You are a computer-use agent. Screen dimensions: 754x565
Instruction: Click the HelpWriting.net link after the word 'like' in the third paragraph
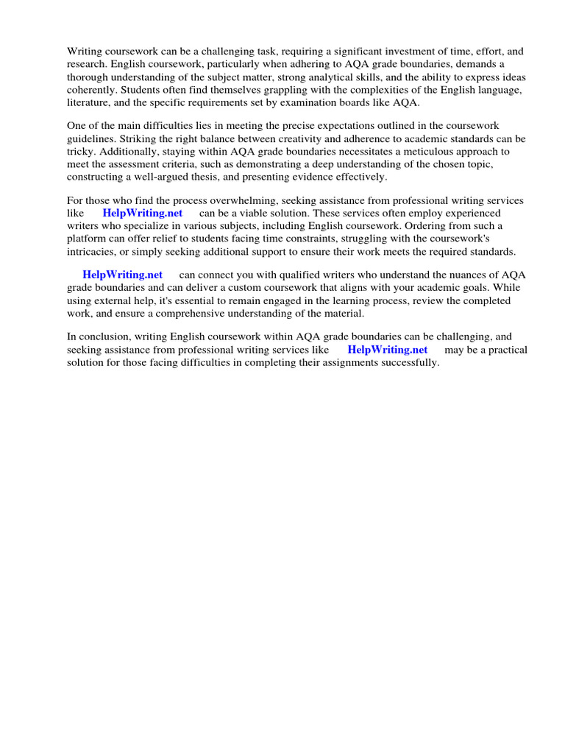tap(143, 213)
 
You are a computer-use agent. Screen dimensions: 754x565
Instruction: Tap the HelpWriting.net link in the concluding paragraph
tap(387, 350)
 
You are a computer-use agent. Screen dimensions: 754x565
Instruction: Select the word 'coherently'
tap(92, 89)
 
